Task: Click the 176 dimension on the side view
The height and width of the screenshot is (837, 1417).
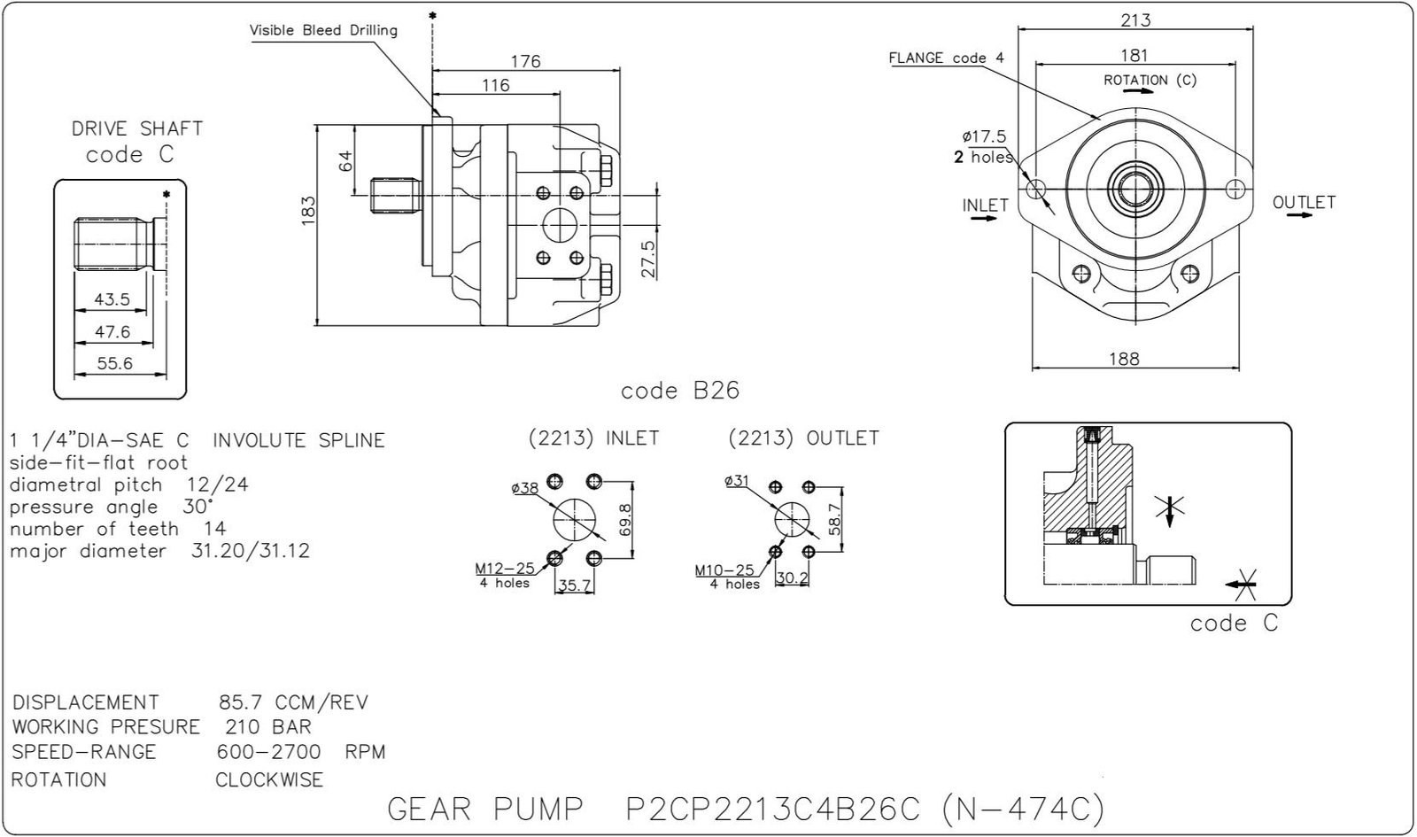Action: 525,61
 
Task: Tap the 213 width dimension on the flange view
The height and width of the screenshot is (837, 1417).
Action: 1134,19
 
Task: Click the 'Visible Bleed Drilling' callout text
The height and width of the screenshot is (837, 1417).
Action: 323,30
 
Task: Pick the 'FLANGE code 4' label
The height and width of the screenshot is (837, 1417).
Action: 946,58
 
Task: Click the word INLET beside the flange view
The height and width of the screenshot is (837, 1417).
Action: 985,205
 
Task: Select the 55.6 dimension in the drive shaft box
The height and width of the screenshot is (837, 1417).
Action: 115,363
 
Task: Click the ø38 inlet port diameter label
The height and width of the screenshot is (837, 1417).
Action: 525,488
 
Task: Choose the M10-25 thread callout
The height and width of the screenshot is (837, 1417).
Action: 724,570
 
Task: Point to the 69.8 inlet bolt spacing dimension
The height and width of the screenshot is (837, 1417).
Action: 624,521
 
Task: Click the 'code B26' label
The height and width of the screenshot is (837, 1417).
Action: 679,391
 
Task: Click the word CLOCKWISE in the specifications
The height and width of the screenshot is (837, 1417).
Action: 269,780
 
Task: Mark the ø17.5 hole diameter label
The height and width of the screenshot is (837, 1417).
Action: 984,136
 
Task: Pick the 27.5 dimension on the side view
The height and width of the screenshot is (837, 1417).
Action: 648,259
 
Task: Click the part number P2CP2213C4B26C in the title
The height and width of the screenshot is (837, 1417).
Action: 773,809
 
